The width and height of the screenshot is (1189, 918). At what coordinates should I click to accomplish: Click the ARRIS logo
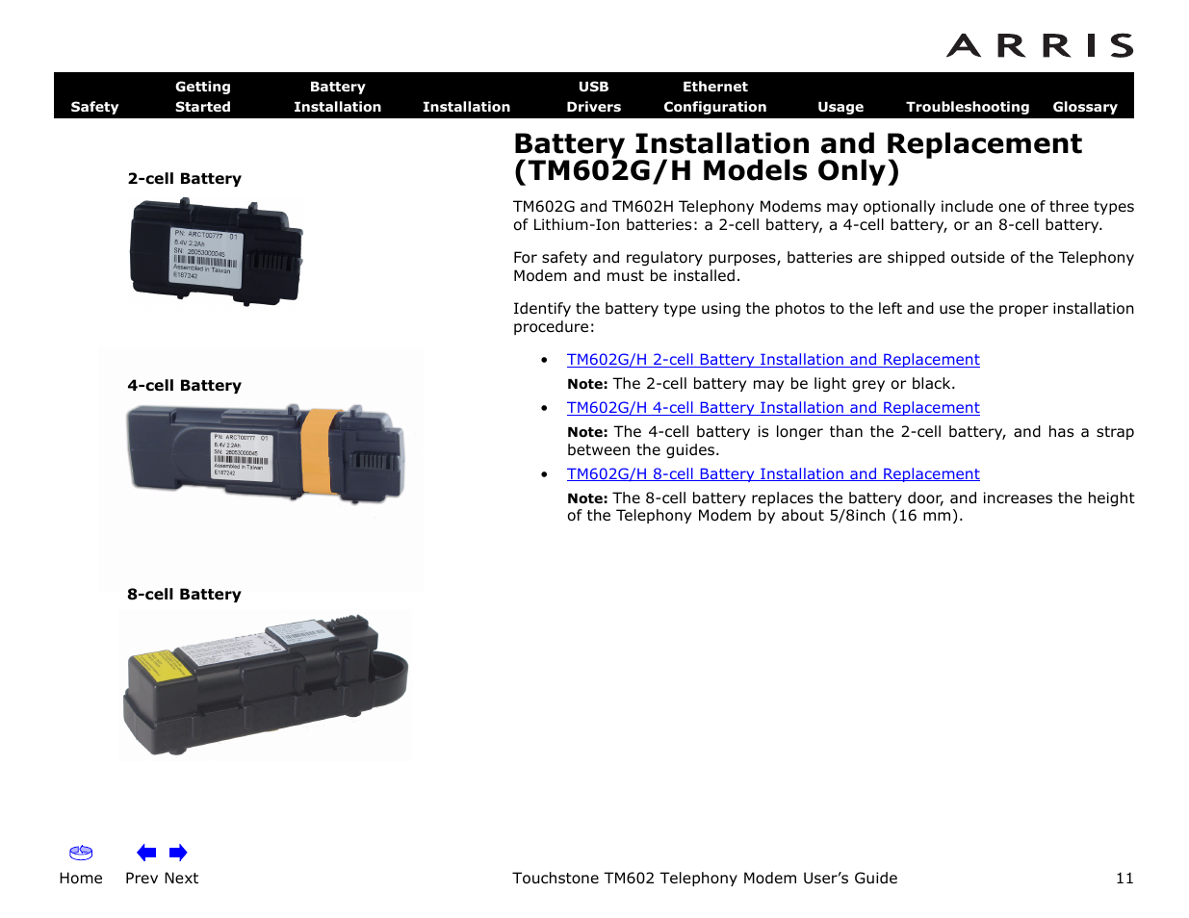tap(1039, 45)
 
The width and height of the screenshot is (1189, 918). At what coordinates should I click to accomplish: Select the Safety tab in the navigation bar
tap(94, 107)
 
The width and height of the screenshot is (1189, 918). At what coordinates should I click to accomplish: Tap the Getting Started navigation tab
tap(202, 96)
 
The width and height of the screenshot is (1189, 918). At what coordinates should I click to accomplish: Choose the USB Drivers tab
tap(593, 96)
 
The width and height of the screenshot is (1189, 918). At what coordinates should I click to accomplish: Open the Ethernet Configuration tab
tap(714, 96)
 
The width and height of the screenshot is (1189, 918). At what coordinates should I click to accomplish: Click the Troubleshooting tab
tap(967, 107)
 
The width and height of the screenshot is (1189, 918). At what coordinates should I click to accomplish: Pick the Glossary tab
tap(1084, 107)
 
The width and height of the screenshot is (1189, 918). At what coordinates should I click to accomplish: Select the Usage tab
tap(840, 107)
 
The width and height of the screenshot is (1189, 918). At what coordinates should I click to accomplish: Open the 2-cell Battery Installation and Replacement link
tap(772, 360)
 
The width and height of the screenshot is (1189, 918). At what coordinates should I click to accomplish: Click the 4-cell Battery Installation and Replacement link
tap(772, 408)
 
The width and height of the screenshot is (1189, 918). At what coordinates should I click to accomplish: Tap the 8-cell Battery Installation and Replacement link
tap(772, 474)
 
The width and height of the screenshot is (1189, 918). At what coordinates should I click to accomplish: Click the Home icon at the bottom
tap(81, 854)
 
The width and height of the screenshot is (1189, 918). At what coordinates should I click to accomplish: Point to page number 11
tap(1124, 879)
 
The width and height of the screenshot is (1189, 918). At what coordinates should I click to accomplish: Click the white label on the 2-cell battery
tap(205, 255)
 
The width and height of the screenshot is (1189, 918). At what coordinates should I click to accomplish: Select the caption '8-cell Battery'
tap(184, 595)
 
